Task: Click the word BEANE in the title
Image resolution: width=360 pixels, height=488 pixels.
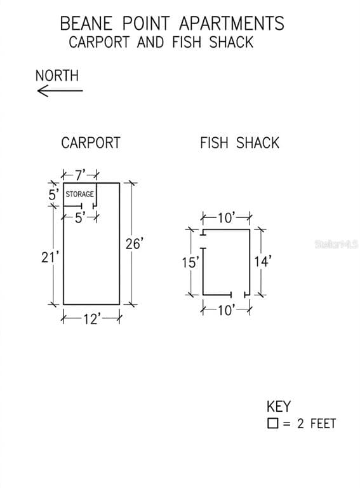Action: [x=86, y=24]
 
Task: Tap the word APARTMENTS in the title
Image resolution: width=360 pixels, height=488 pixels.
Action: [x=232, y=24]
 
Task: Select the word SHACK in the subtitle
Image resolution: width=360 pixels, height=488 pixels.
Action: [x=231, y=43]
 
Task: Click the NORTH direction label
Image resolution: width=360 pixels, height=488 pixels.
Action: [x=57, y=76]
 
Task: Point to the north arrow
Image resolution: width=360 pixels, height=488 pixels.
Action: [x=60, y=91]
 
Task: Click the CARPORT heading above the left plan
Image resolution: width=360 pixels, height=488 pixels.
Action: [x=90, y=143]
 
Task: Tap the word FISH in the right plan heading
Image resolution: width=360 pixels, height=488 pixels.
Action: [x=214, y=143]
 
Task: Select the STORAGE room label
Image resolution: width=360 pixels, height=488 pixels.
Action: [x=79, y=194]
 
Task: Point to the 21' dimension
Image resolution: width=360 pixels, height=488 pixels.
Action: [x=50, y=257]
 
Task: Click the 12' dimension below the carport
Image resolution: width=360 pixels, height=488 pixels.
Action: [x=91, y=319]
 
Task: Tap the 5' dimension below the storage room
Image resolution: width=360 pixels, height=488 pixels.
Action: [x=80, y=218]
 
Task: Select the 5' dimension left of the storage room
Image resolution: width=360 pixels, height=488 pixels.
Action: [x=53, y=195]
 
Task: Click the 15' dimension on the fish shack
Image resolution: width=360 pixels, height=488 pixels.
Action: [x=190, y=262]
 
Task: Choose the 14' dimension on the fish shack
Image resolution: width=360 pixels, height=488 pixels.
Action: [x=263, y=261]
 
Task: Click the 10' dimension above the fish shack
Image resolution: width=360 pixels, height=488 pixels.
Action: [x=226, y=218]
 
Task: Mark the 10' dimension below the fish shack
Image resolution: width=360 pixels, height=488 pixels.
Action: [x=226, y=310]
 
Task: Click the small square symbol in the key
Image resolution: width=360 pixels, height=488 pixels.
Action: [x=272, y=423]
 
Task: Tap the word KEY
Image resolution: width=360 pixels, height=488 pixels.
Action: [x=279, y=407]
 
